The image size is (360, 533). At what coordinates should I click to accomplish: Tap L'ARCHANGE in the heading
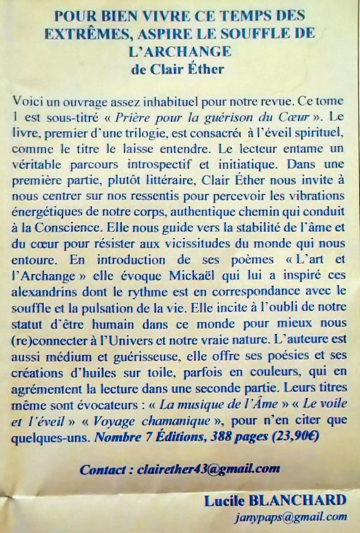pyautogui.click(x=179, y=51)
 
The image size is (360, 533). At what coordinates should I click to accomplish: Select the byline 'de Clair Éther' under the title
pyautogui.click(x=178, y=69)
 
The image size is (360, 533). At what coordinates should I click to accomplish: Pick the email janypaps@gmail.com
pyautogui.click(x=290, y=517)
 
